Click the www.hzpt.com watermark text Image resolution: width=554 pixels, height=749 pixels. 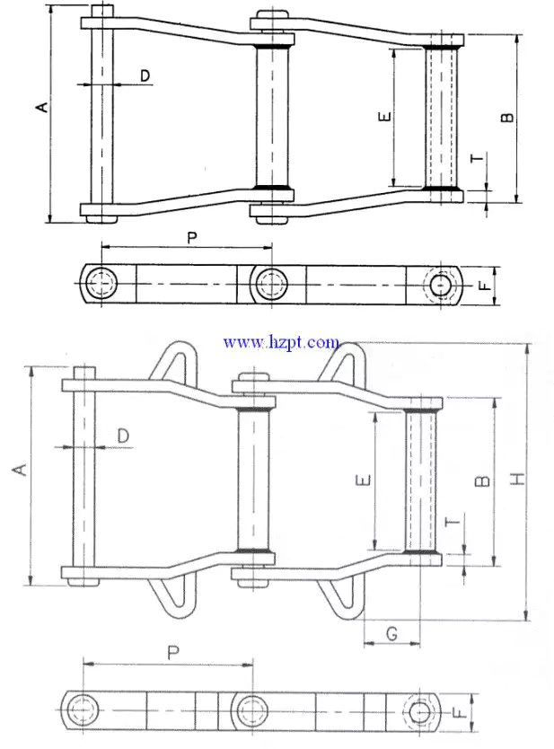[x=281, y=341]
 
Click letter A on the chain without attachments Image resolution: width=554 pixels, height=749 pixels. [x=40, y=108]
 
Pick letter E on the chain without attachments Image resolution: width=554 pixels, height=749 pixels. [x=383, y=117]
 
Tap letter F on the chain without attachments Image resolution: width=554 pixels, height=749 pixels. [x=483, y=286]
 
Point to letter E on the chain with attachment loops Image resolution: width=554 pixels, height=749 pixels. [x=361, y=480]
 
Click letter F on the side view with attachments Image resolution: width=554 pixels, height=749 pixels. [x=458, y=714]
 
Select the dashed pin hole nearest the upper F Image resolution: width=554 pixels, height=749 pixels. [x=440, y=285]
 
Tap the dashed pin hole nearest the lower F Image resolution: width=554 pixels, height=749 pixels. [x=419, y=712]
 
